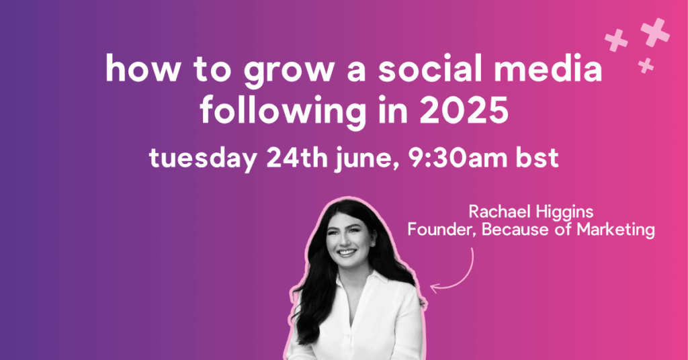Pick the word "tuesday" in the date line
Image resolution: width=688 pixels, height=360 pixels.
pyautogui.click(x=203, y=159)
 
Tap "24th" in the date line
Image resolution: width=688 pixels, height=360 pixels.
pyautogui.click(x=296, y=157)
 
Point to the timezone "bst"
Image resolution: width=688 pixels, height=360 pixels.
pyautogui.click(x=537, y=158)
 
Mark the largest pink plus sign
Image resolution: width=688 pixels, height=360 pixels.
pyautogui.click(x=655, y=32)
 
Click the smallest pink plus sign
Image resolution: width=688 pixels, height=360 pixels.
pyautogui.click(x=646, y=65)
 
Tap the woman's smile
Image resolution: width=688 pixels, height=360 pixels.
pyautogui.click(x=347, y=253)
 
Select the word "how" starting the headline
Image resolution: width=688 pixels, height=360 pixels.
pyautogui.click(x=142, y=68)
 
